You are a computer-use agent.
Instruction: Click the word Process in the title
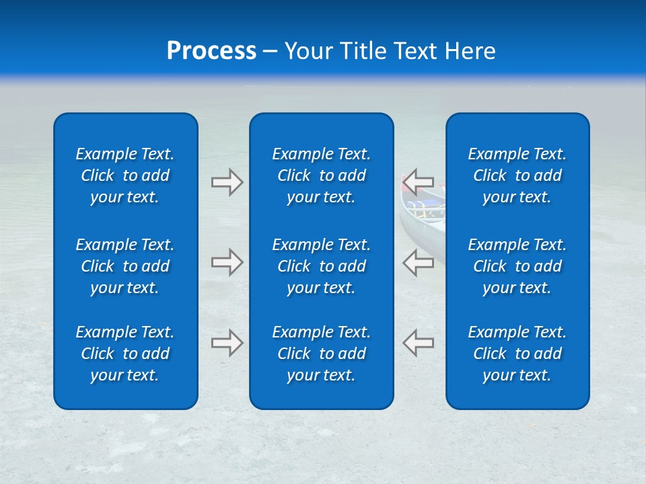point(211,51)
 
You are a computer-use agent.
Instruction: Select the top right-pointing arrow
point(227,182)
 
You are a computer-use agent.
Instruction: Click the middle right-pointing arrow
point(227,262)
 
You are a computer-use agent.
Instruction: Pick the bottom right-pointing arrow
point(227,343)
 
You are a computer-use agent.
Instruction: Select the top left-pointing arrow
point(418,182)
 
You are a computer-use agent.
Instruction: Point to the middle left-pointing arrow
point(418,262)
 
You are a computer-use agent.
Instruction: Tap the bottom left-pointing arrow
point(418,343)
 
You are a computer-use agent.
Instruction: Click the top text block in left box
point(125,175)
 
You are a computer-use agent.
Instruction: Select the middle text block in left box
point(125,266)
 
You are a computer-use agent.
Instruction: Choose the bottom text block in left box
point(125,354)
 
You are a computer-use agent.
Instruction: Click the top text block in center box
point(321,175)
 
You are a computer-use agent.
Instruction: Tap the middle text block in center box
point(321,266)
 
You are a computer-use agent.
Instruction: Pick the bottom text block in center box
point(321,354)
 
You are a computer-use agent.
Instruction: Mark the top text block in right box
point(517,175)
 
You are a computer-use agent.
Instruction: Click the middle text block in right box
point(517,266)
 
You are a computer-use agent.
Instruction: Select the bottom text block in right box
point(517,354)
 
